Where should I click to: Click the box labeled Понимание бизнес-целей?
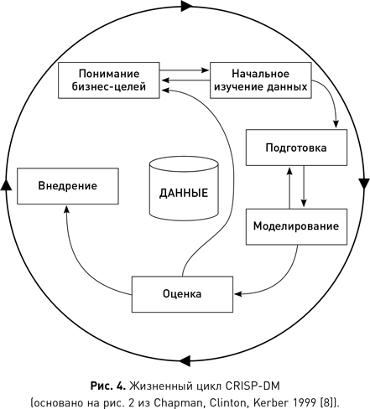click(108, 80)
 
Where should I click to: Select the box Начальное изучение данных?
click(258, 80)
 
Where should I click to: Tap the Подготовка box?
click(295, 148)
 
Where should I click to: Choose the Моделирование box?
click(295, 225)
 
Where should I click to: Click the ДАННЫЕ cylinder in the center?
click(183, 191)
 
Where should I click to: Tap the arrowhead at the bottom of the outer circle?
click(184, 361)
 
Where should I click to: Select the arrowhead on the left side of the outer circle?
click(7, 183)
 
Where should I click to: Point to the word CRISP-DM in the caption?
click(253, 386)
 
